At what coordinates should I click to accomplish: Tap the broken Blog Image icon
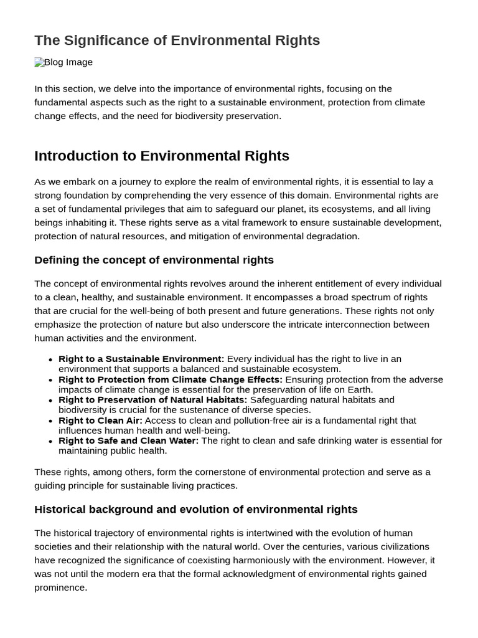pyautogui.click(x=39, y=62)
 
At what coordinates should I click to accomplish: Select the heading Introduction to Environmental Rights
pyautogui.click(x=162, y=156)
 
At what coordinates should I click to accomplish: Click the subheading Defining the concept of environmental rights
pyautogui.click(x=154, y=260)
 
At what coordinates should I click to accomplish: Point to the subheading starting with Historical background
pyautogui.click(x=195, y=509)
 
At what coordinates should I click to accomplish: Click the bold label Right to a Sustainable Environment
pyautogui.click(x=141, y=359)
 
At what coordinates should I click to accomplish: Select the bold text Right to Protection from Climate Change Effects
pyautogui.click(x=170, y=379)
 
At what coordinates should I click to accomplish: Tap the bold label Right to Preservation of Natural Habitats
pyautogui.click(x=152, y=400)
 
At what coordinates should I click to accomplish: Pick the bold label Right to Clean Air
pyautogui.click(x=100, y=421)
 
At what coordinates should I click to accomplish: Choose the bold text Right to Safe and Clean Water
pyautogui.click(x=128, y=440)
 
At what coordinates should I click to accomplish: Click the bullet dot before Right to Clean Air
pyautogui.click(x=50, y=421)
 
